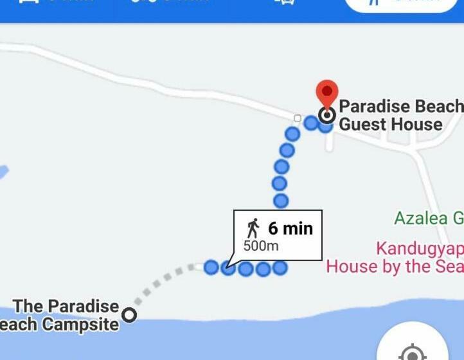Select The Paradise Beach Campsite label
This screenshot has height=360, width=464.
pyautogui.click(x=64, y=314)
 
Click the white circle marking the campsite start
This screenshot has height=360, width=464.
pyautogui.click(x=130, y=315)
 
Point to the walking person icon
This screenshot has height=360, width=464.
pyautogui.click(x=253, y=228)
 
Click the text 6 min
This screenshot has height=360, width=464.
pyautogui.click(x=290, y=228)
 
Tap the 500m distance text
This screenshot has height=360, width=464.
pyautogui.click(x=261, y=246)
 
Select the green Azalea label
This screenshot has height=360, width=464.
pyautogui.click(x=428, y=218)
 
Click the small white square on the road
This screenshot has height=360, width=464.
pyautogui.click(x=297, y=118)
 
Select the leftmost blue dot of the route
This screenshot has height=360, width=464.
pyautogui.click(x=211, y=267)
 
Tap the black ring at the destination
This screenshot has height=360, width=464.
pyautogui.click(x=327, y=116)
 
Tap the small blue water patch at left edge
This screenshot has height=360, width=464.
pyautogui.click(x=3, y=172)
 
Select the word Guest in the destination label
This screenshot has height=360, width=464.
pyautogui.click(x=364, y=124)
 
